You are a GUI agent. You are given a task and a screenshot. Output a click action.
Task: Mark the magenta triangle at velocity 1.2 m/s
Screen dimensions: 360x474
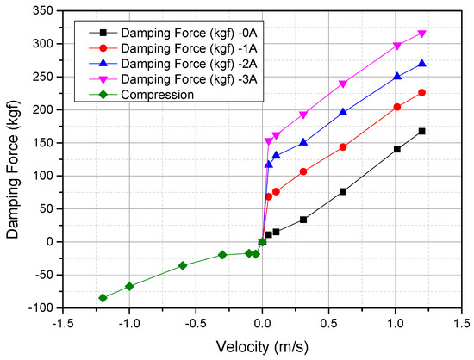(x=422, y=34)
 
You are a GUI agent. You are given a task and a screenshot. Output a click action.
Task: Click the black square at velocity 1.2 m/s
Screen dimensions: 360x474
(x=422, y=131)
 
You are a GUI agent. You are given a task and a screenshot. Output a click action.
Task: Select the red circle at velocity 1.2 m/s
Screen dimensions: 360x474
(x=422, y=93)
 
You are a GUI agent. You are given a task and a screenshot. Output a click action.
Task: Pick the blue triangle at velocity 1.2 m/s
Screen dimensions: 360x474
(x=422, y=64)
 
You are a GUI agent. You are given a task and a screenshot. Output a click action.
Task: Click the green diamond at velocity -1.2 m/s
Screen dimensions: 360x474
(x=103, y=298)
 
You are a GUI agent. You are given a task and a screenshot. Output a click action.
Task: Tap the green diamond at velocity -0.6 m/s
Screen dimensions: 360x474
(x=183, y=265)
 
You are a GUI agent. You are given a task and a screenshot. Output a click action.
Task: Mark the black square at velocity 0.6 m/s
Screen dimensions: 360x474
(x=343, y=191)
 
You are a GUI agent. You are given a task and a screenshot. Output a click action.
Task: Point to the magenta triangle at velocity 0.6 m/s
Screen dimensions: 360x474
(x=343, y=84)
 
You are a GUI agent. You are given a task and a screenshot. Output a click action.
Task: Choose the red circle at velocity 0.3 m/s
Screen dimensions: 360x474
(x=303, y=171)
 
